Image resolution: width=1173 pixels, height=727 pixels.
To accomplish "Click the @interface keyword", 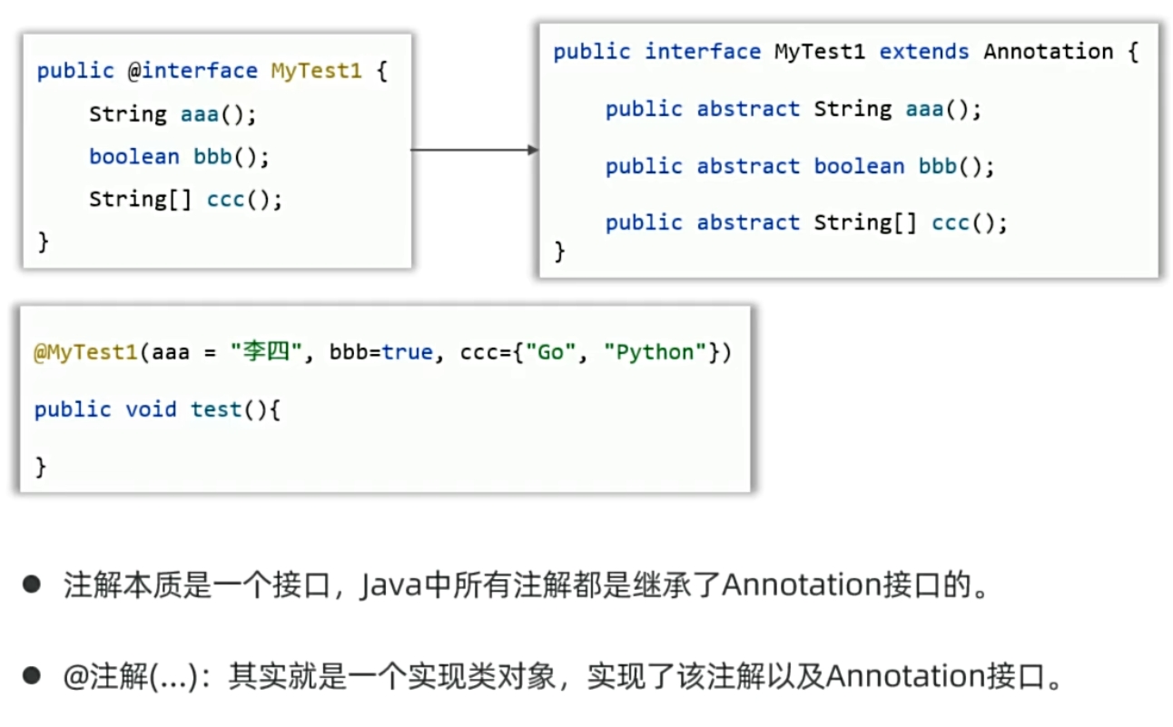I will [x=199, y=71].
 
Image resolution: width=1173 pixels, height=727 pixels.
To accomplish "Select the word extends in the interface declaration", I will [x=925, y=52].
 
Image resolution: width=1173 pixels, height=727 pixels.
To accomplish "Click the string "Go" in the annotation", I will [x=550, y=352].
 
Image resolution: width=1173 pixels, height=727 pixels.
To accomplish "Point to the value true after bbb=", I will [x=407, y=352].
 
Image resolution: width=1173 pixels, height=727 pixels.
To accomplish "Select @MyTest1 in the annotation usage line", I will [x=86, y=352].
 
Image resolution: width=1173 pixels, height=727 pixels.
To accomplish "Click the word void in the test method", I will [x=151, y=409].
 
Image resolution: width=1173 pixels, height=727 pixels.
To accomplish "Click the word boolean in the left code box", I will [x=133, y=156].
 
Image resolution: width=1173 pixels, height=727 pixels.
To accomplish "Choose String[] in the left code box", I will [x=140, y=199].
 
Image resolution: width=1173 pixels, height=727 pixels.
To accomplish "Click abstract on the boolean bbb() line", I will [x=748, y=166].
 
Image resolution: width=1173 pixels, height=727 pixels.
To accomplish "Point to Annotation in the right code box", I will [x=1048, y=52].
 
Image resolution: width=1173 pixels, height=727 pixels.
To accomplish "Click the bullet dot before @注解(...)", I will [x=33, y=675].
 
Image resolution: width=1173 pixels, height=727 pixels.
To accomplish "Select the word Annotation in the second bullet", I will [x=900, y=676].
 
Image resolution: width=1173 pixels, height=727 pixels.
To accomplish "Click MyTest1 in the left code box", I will [x=316, y=71].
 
